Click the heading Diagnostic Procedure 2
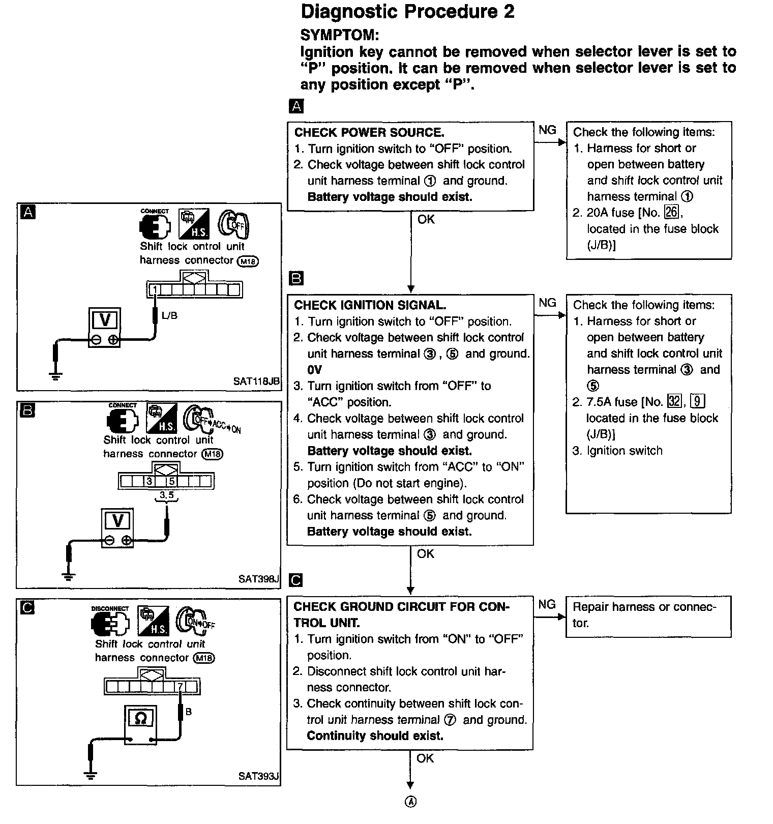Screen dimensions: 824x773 pyautogui.click(x=407, y=11)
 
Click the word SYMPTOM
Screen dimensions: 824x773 pyautogui.click(x=339, y=35)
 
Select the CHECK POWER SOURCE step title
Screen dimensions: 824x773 pyautogui.click(x=369, y=133)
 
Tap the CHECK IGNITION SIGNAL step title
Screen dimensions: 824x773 pyautogui.click(x=370, y=305)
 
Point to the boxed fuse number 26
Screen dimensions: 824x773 pyautogui.click(x=671, y=212)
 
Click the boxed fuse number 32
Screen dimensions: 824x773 pyautogui.click(x=674, y=401)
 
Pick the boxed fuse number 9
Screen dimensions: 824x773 pyautogui.click(x=698, y=401)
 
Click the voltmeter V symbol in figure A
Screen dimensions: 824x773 pyautogui.click(x=105, y=319)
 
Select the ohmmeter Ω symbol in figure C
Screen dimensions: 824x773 pyautogui.click(x=141, y=718)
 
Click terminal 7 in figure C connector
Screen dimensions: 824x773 pyautogui.click(x=180, y=687)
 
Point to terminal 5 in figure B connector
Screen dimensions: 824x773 pyautogui.click(x=172, y=481)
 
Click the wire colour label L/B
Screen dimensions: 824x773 pyautogui.click(x=169, y=316)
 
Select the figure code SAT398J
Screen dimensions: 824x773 pyautogui.click(x=258, y=578)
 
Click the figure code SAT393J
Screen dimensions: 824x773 pyautogui.click(x=258, y=776)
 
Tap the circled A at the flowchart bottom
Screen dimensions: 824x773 pyautogui.click(x=410, y=802)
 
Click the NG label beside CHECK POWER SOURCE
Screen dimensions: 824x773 pyautogui.click(x=547, y=130)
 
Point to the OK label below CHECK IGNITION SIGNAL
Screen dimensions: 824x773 pyautogui.click(x=426, y=554)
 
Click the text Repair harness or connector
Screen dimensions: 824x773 pyautogui.click(x=644, y=614)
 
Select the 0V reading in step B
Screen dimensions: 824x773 pyautogui.click(x=315, y=370)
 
